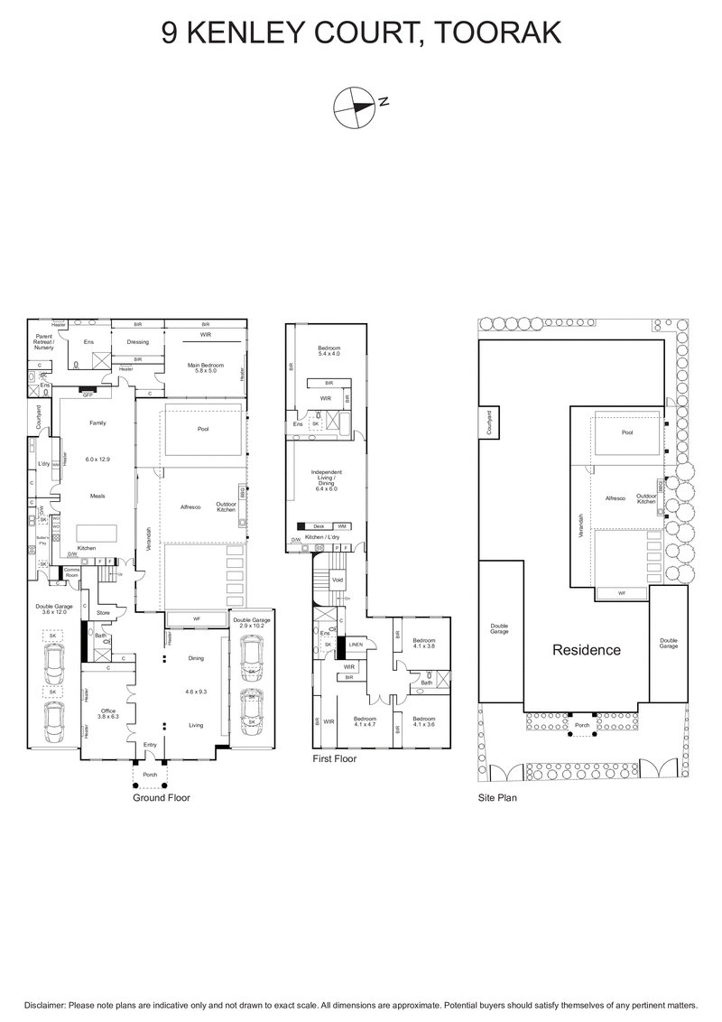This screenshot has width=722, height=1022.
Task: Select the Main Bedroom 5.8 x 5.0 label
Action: coord(205,367)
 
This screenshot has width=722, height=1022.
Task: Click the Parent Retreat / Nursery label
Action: coord(44,344)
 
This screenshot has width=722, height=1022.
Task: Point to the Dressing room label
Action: coord(137,342)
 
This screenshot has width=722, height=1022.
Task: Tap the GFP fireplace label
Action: coord(88,395)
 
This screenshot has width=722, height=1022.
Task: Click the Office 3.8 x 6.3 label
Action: coord(108,713)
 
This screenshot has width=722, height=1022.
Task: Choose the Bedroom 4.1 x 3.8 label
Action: coord(423,645)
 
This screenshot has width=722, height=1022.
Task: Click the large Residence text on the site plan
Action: coord(587,649)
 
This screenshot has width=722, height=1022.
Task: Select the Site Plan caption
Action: coord(496,798)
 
